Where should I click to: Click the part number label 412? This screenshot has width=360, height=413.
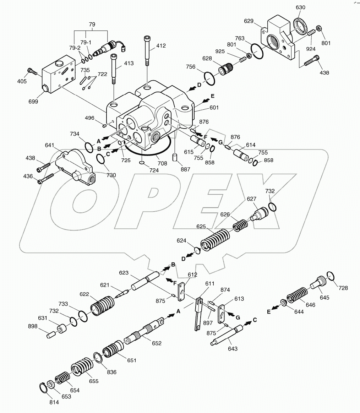161,46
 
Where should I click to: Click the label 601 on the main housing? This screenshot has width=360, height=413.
214,108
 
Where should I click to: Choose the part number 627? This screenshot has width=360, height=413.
251,199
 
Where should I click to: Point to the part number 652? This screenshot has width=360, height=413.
156,343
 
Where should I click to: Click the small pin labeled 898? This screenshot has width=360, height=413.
52,334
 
